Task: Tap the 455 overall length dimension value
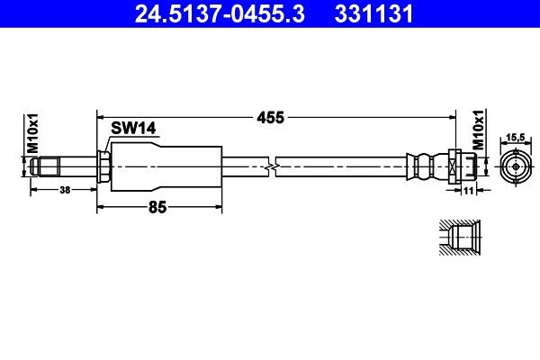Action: pos(271,117)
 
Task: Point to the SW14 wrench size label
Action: pos(134,129)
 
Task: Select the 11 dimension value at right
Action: pos(469,191)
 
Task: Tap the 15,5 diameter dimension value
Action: pos(514,136)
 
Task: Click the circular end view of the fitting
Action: pos(514,166)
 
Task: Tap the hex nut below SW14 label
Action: pos(103,166)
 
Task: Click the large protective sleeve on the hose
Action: pos(166,166)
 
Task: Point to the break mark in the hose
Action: pos(273,166)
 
